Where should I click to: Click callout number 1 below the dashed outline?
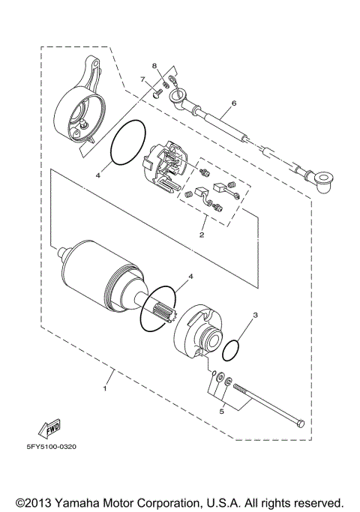tap(105, 388)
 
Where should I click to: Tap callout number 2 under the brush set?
tap(201, 235)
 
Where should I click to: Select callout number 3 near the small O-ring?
tap(255, 316)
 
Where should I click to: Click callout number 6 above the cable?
tap(234, 103)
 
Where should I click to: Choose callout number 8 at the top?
tap(155, 66)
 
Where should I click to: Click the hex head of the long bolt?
tap(300, 424)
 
